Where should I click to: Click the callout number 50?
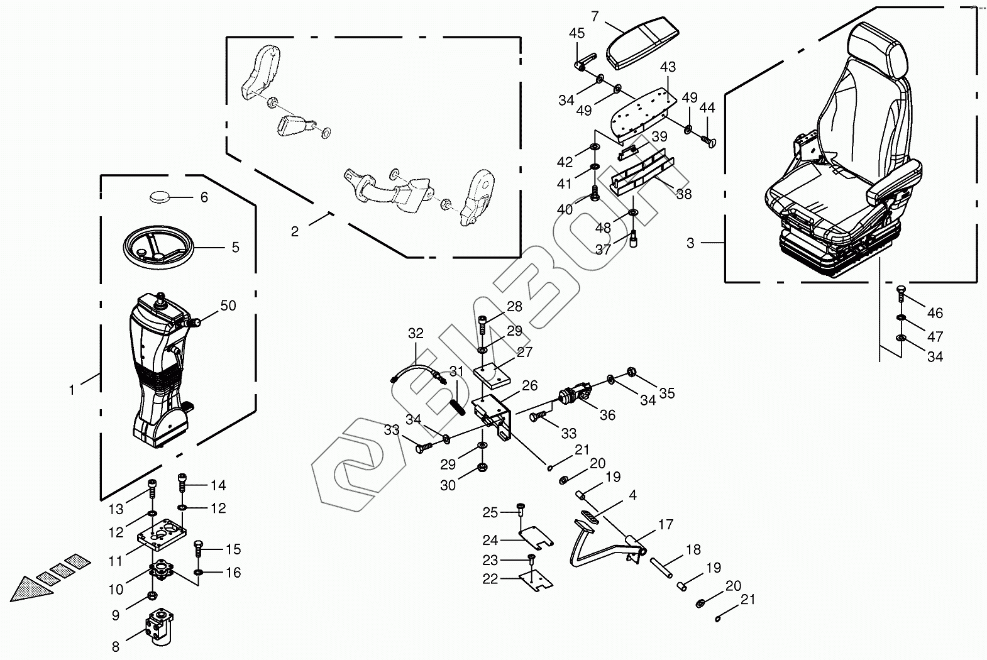[228, 305]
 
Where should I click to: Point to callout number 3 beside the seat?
[690, 243]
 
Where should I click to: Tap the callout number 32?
[416, 333]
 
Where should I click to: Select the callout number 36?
[607, 415]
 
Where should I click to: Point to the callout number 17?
[666, 524]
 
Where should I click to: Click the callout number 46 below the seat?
[935, 313]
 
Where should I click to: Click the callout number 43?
[668, 67]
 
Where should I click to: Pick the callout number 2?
[295, 231]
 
